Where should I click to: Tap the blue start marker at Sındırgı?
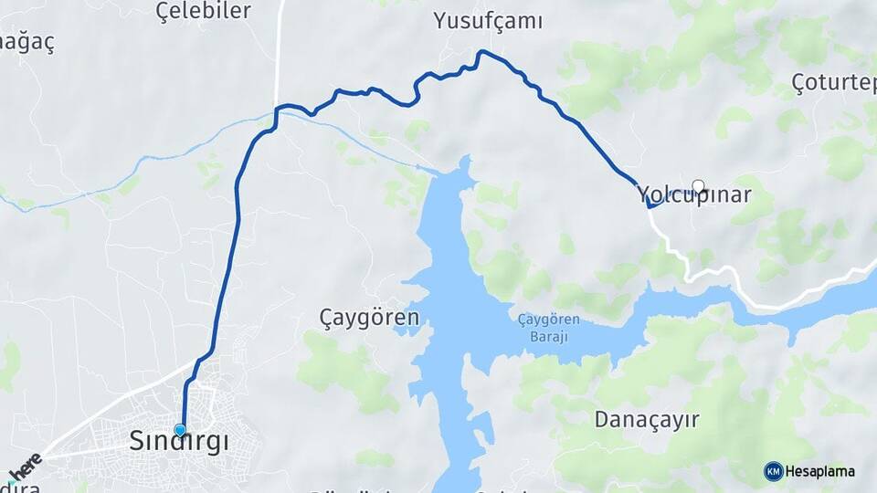180,430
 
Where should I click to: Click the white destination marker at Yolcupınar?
699,186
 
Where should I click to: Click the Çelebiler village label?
203,10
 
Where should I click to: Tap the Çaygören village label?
369,318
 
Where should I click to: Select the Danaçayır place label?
647,419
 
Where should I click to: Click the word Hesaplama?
820,471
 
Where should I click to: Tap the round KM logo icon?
773,471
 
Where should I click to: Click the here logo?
25,467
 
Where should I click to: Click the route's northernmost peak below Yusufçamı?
481,52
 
